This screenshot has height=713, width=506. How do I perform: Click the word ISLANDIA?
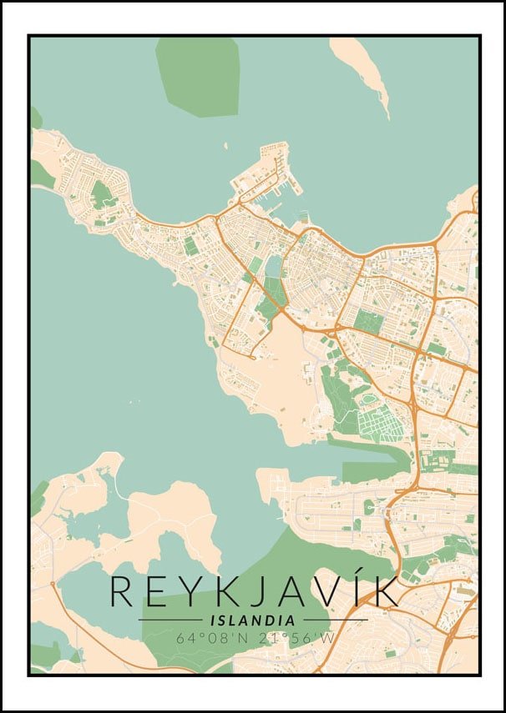253,620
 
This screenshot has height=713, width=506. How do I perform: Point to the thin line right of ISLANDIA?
335,620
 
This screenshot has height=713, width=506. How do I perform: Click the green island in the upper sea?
198,75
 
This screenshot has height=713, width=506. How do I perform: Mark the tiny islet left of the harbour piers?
225,146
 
